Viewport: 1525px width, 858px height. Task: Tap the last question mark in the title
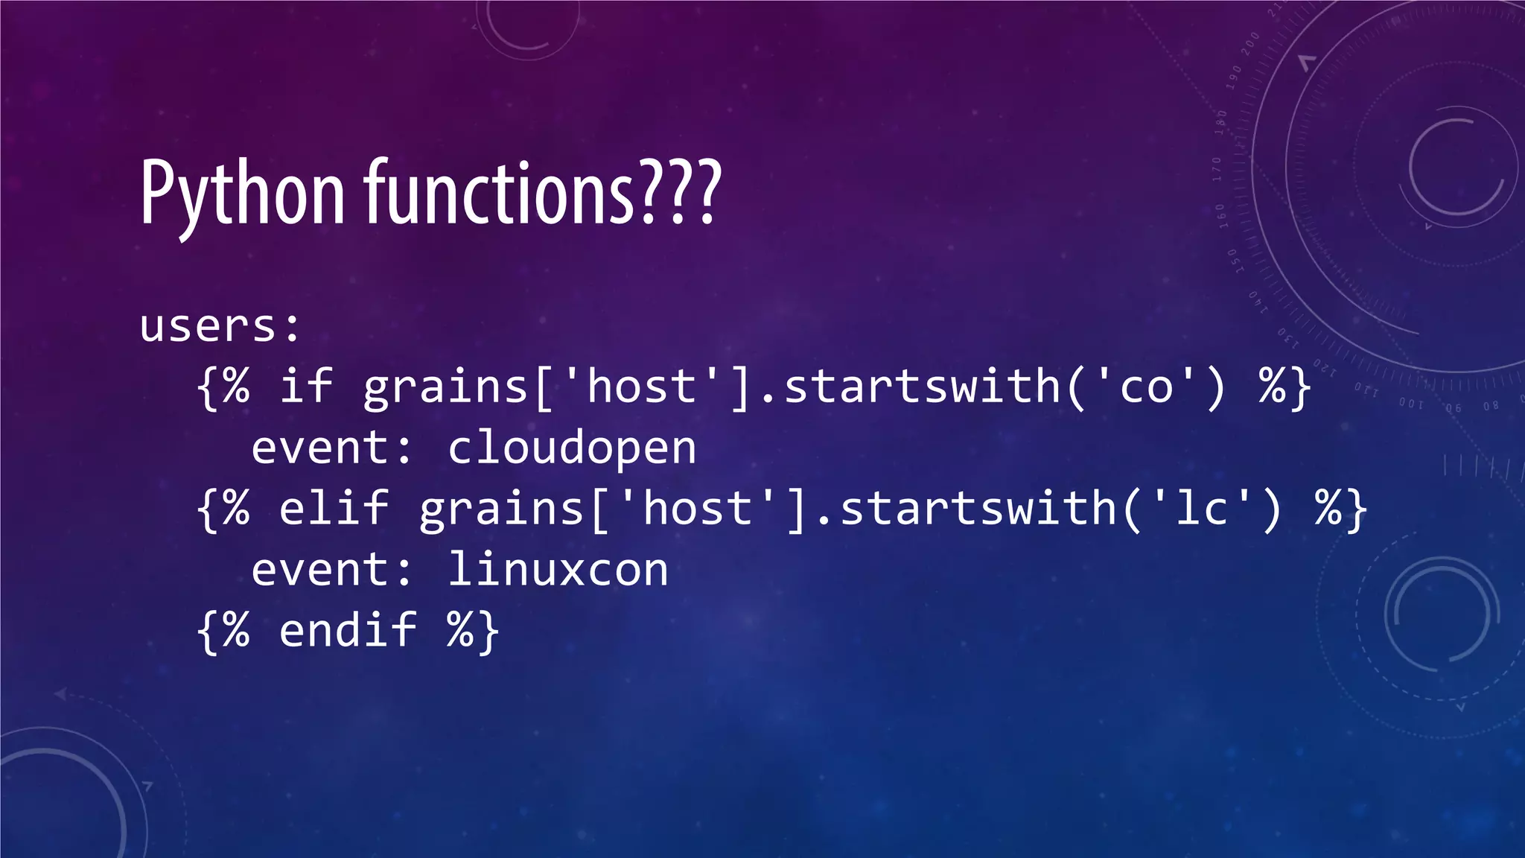coord(708,192)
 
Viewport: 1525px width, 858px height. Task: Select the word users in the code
coord(208,326)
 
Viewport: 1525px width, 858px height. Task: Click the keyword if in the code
coord(306,386)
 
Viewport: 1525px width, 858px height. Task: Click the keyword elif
coord(334,508)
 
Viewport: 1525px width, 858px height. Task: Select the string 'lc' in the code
coord(1202,509)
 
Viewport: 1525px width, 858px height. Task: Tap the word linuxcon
coord(558,571)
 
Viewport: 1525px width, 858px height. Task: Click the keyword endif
coord(348,630)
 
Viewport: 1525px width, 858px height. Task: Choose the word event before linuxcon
coord(321,571)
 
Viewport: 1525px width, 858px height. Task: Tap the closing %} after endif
coord(473,632)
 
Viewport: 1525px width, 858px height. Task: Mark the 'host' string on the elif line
coord(698,509)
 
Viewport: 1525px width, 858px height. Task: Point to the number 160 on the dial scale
coord(1221,216)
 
